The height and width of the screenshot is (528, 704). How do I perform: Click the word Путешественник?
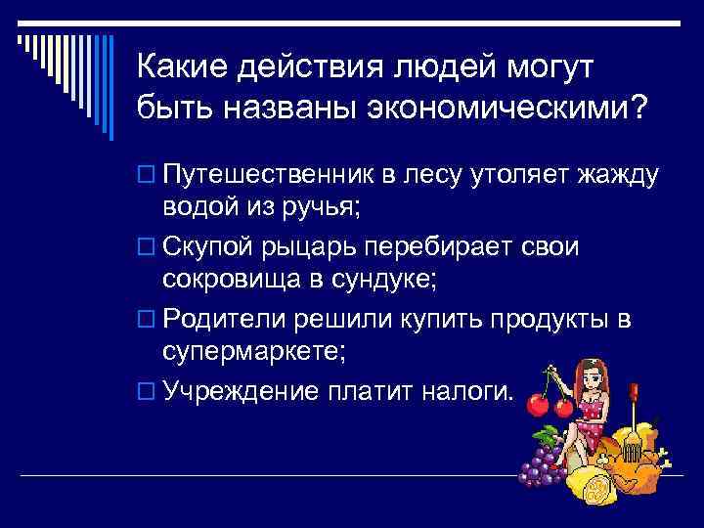pyautogui.click(x=270, y=176)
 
